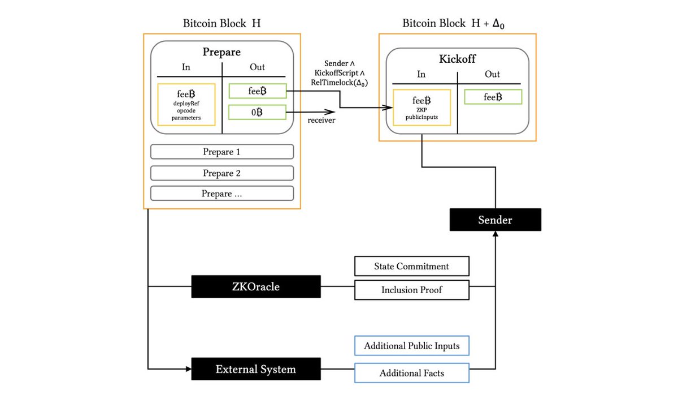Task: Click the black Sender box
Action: (495, 220)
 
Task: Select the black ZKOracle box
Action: (255, 287)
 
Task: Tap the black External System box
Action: (255, 369)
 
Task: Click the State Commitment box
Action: (411, 266)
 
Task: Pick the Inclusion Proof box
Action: (411, 290)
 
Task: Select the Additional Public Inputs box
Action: (411, 346)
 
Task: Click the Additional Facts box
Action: (411, 373)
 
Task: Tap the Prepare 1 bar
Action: (221, 152)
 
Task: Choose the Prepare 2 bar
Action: (221, 173)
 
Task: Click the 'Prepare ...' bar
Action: (221, 194)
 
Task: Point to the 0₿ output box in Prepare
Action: (257, 112)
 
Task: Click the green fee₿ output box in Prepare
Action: (257, 91)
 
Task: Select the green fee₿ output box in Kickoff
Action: (493, 97)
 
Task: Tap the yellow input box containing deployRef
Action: (186, 105)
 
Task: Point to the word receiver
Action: (322, 120)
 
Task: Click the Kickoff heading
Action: (457, 59)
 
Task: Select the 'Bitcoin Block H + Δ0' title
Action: (458, 23)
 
